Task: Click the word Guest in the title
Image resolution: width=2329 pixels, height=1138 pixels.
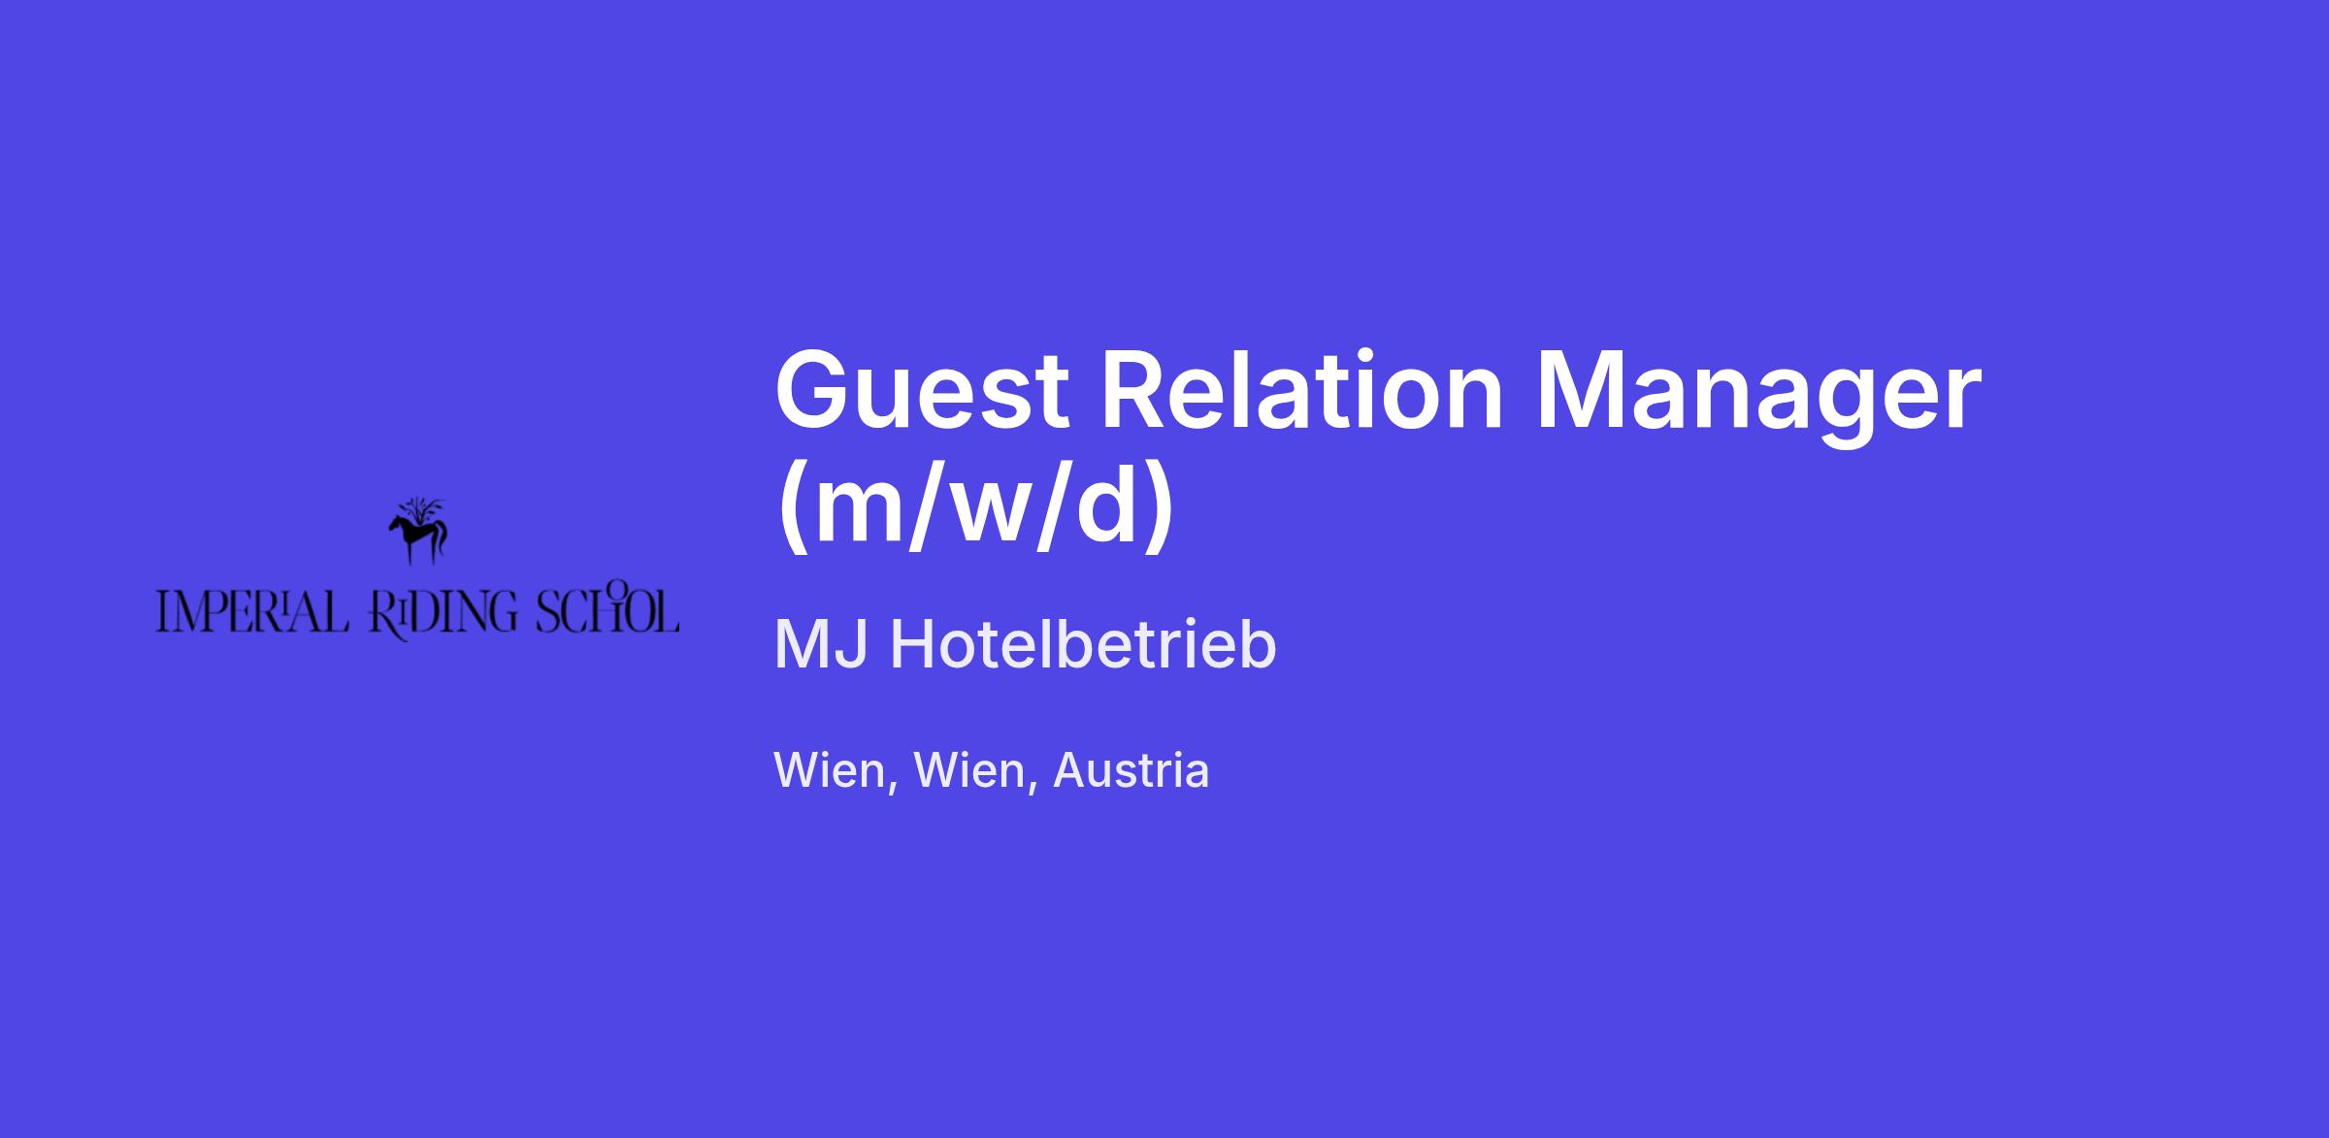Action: (x=922, y=391)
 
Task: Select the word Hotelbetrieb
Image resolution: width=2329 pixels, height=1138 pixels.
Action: (x=1083, y=644)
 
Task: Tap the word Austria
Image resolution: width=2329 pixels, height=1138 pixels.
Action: (x=1132, y=770)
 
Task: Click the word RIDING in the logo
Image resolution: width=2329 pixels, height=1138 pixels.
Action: (x=443, y=615)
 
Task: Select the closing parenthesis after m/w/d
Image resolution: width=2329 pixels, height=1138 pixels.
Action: (x=1159, y=509)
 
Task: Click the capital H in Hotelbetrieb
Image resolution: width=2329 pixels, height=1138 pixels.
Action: (x=911, y=644)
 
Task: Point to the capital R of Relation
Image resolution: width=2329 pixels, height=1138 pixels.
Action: (x=1136, y=389)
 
